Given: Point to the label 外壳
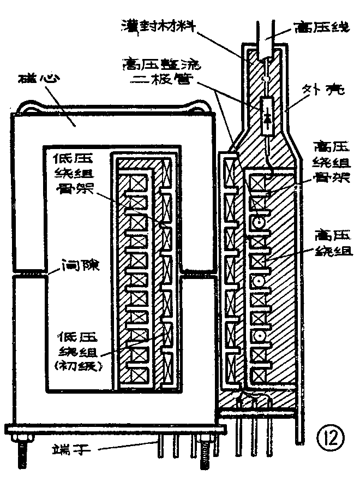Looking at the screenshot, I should [x=325, y=91].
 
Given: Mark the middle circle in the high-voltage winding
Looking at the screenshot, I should [x=257, y=280].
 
